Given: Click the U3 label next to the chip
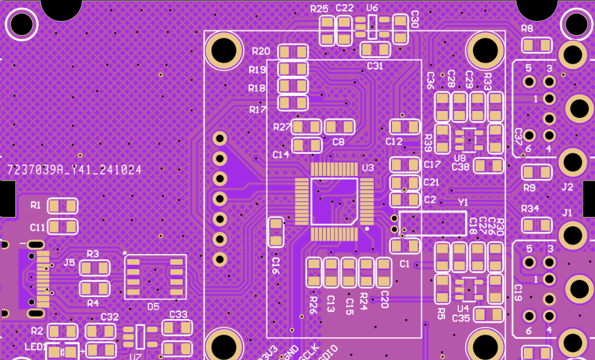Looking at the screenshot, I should pyautogui.click(x=367, y=168).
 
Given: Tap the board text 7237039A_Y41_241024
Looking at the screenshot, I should pyautogui.click(x=74, y=170).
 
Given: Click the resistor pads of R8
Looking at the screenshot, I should pyautogui.click(x=536, y=45).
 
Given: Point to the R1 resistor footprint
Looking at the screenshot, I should pyautogui.click(x=62, y=206).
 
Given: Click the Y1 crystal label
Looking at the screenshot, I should pyautogui.click(x=463, y=202).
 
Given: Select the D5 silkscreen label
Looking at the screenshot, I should pyautogui.click(x=153, y=306).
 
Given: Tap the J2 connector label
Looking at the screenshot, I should pyautogui.click(x=567, y=187).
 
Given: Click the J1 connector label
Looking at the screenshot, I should pyautogui.click(x=567, y=212).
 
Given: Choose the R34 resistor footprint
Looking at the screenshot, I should pyautogui.click(x=536, y=225).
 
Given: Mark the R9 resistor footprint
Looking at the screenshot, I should pyautogui.click(x=536, y=172).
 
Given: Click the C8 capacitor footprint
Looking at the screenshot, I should pyautogui.click(x=339, y=127).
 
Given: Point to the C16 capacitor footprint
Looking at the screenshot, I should pyautogui.click(x=275, y=232).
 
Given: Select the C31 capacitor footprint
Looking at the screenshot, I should pyautogui.click(x=376, y=49).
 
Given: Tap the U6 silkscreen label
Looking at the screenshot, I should pyautogui.click(x=372, y=8).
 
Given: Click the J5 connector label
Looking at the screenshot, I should pyautogui.click(x=69, y=262).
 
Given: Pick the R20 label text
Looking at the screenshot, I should pyautogui.click(x=260, y=51).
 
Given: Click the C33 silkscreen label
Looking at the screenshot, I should pyautogui.click(x=178, y=315).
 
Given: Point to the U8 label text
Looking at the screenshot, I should pyautogui.click(x=459, y=158).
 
